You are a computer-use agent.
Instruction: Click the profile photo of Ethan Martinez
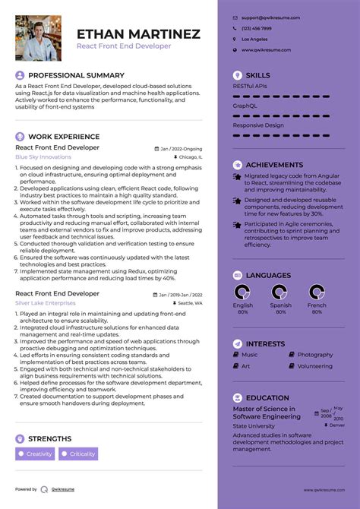click(x=39, y=39)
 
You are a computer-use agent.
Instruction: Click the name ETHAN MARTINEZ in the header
click(x=138, y=34)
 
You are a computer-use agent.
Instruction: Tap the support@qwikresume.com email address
click(x=270, y=17)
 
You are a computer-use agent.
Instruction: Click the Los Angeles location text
click(x=254, y=39)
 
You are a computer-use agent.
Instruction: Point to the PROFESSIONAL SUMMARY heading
click(x=76, y=76)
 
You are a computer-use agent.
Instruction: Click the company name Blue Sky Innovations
click(x=43, y=156)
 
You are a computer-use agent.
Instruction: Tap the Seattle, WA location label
click(x=188, y=302)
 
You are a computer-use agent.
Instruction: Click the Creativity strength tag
click(x=36, y=454)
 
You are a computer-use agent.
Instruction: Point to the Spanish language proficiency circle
click(x=279, y=292)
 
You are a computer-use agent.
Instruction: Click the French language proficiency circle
click(x=317, y=292)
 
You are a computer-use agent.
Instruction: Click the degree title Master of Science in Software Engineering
click(x=267, y=413)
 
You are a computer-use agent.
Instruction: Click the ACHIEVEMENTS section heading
click(x=274, y=165)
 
